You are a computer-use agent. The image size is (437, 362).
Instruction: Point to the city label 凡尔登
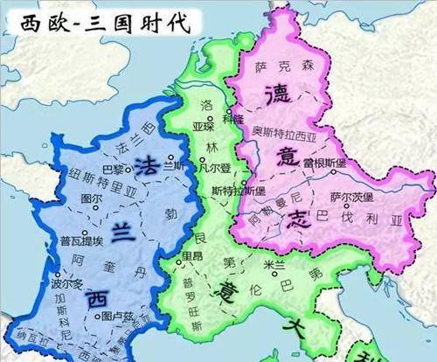pyautogui.click(x=212, y=165)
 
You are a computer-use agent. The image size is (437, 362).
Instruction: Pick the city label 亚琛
pyautogui.click(x=202, y=125)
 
